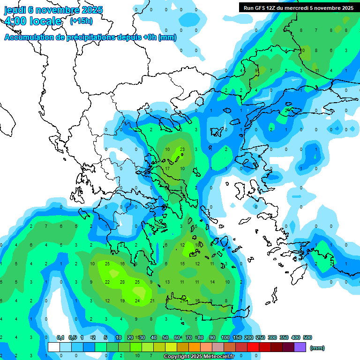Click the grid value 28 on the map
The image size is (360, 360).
(x=122, y=282)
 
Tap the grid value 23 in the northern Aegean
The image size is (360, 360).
(x=182, y=150)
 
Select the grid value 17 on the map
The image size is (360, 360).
(x=167, y=168)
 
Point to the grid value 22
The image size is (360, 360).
(x=107, y=282)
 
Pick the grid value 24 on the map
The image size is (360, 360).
(x=137, y=300)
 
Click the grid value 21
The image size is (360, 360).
(x=152, y=300)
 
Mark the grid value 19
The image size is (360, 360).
(x=122, y=300)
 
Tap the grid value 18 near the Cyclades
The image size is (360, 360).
(x=197, y=245)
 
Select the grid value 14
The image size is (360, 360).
(x=212, y=282)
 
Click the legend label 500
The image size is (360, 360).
(x=307, y=337)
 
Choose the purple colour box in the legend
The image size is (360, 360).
(x=300, y=347)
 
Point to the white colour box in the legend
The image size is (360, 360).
(x=54, y=347)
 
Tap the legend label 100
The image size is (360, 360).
(x=225, y=337)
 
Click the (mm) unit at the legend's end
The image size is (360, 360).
(x=317, y=348)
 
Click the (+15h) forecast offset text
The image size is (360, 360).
(x=81, y=21)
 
